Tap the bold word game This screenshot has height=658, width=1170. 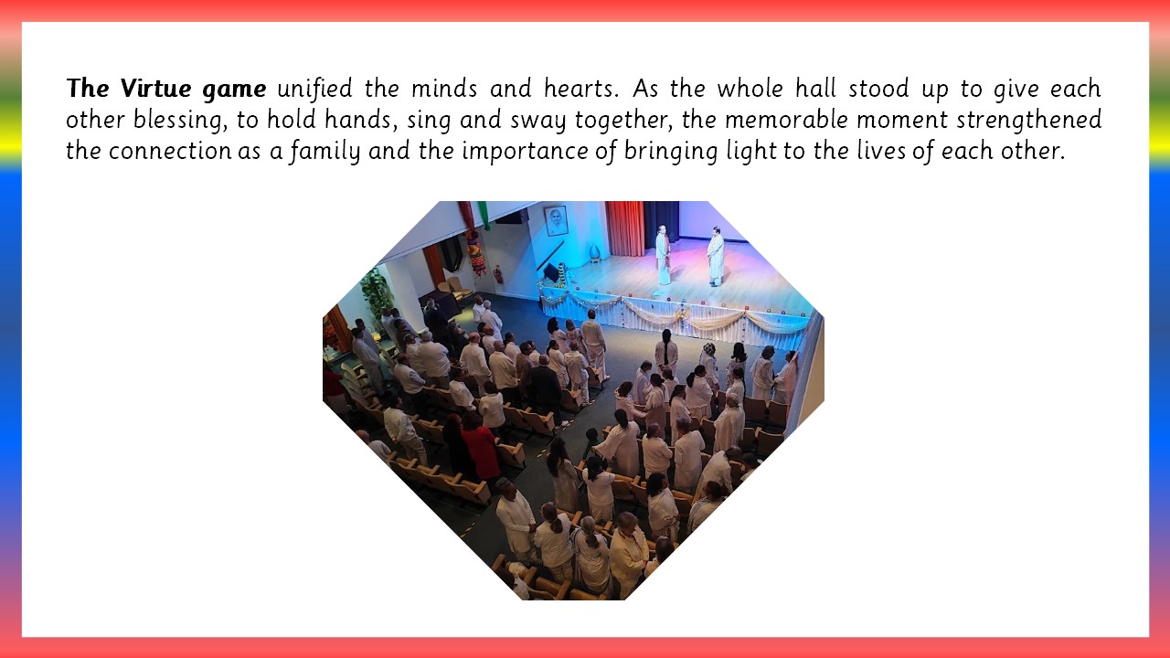click(x=234, y=90)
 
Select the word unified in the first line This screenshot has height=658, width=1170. click(x=314, y=88)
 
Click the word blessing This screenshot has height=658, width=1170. click(x=181, y=120)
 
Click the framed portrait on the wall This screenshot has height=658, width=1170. click(x=556, y=221)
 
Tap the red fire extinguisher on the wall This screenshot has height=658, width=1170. click(x=499, y=275)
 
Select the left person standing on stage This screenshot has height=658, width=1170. click(x=663, y=255)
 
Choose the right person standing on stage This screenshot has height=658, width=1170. click(x=716, y=257)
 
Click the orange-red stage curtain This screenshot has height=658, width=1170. click(x=625, y=228)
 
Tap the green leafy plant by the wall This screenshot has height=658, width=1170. click(x=376, y=292)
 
